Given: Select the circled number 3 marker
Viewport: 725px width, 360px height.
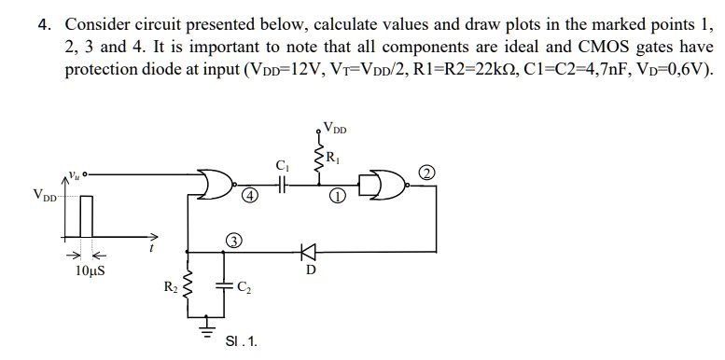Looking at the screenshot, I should click(x=235, y=242).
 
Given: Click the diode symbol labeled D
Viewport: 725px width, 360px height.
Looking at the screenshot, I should click(x=307, y=251).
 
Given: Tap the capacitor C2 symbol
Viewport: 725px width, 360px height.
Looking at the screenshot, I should click(x=224, y=287).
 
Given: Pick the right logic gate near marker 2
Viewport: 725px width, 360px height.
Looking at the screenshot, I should click(x=385, y=185).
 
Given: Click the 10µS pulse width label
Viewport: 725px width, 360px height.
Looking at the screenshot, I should click(x=89, y=272).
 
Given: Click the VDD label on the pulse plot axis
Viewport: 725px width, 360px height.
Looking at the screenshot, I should click(x=43, y=195).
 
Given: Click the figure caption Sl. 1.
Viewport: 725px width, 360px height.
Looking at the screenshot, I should click(x=241, y=342).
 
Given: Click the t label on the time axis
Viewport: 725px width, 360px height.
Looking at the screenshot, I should click(x=151, y=248).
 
